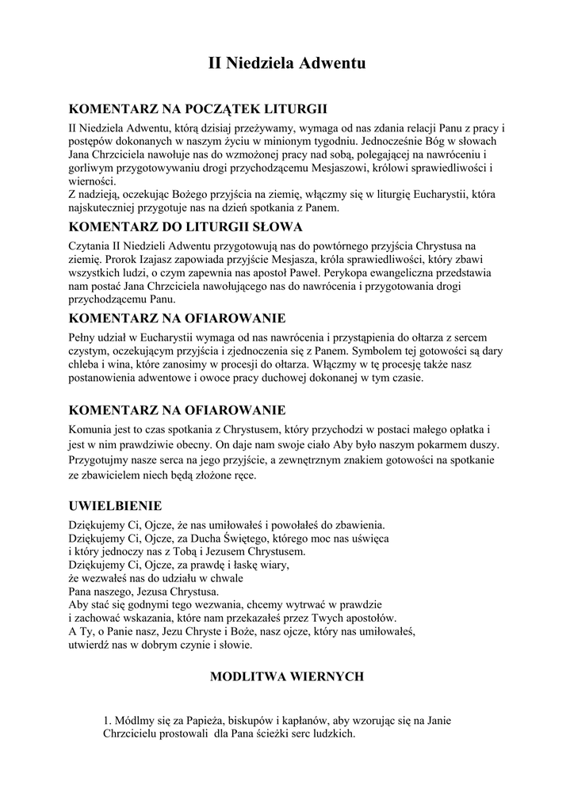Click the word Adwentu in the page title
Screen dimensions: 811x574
(x=332, y=64)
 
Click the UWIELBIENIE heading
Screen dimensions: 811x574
(x=116, y=504)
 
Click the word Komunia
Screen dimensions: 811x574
(x=93, y=428)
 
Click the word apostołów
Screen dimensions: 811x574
(x=369, y=618)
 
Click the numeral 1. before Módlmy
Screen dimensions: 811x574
(x=109, y=721)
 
